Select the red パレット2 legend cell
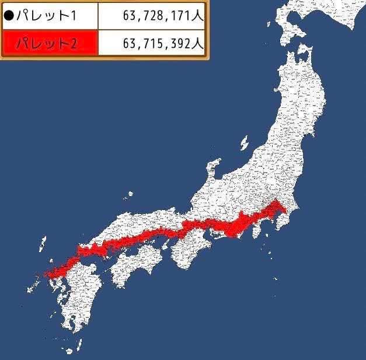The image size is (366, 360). [50, 43]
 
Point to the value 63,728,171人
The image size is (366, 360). [163, 16]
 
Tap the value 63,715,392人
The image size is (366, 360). [163, 43]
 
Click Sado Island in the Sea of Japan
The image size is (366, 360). [244, 142]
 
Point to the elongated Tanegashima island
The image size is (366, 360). [82, 341]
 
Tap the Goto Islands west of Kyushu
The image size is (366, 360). [29, 286]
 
